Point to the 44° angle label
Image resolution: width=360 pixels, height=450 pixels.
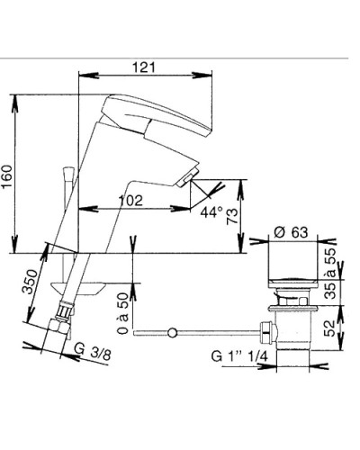point(210,212)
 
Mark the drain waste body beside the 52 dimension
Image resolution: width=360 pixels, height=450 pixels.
point(290,328)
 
